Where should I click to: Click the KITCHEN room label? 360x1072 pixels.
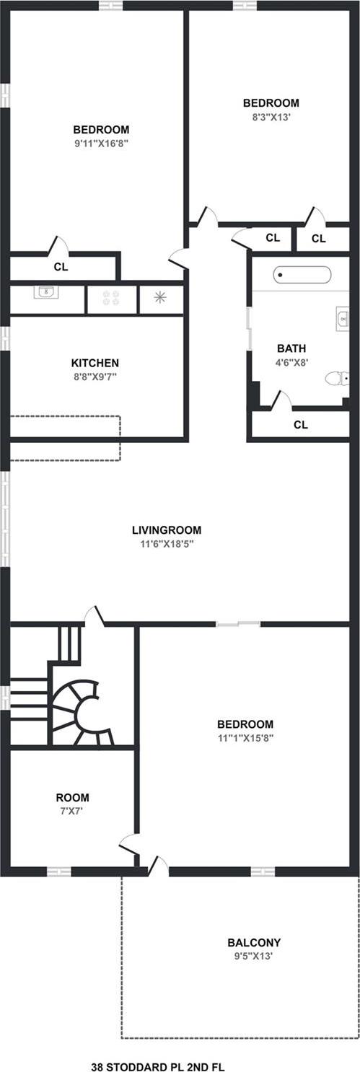point(95,363)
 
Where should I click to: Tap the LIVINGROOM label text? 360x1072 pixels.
point(167,530)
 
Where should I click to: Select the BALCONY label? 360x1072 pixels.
point(254,942)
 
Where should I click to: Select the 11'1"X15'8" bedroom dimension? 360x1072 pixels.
point(245,738)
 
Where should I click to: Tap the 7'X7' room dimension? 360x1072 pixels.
point(73,811)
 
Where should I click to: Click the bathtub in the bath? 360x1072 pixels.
point(302,275)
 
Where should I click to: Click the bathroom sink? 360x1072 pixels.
point(342,317)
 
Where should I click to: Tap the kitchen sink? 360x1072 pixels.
point(46,292)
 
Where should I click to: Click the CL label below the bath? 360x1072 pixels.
point(301,425)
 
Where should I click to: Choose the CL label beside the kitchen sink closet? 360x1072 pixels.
point(61,266)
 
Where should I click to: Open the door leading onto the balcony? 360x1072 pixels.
point(159,867)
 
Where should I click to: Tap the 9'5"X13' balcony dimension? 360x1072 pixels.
point(254,956)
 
